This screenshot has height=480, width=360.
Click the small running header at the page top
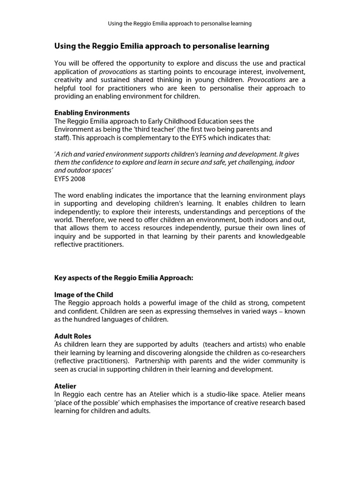click(180, 23)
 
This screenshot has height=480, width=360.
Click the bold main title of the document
click(162, 46)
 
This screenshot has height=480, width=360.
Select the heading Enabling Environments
click(92, 113)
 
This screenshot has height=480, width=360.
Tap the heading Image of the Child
click(84, 295)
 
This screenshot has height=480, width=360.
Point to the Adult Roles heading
click(73, 336)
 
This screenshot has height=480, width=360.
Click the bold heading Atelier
click(66, 386)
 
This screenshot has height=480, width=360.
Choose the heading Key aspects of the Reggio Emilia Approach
click(124, 278)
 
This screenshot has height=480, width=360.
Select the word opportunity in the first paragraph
click(159, 63)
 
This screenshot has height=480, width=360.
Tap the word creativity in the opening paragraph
click(69, 80)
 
